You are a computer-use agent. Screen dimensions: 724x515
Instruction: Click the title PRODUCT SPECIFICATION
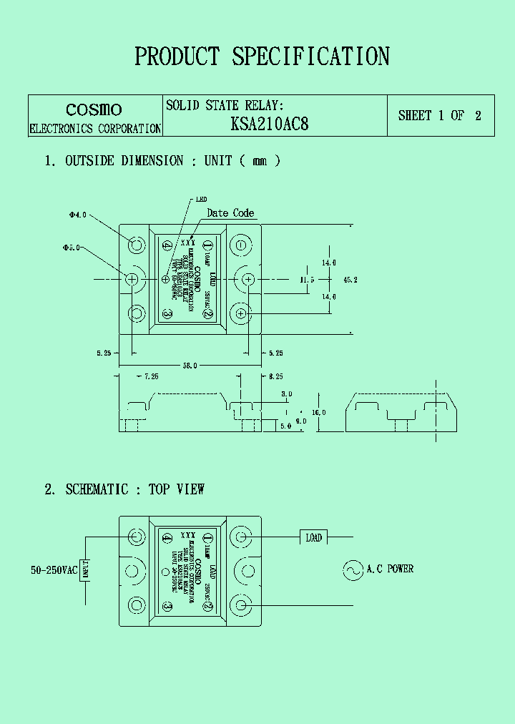click(262, 57)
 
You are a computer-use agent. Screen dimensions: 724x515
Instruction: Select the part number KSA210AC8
click(270, 124)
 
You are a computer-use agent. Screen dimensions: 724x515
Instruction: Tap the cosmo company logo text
click(94, 109)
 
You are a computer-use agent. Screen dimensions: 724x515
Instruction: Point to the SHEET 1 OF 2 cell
click(439, 115)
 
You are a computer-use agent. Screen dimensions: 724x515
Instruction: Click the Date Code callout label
click(230, 213)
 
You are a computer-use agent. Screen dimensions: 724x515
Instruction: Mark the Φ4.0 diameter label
click(77, 214)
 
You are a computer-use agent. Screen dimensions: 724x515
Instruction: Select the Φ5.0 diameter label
click(71, 248)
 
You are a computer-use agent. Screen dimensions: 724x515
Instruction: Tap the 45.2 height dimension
click(350, 280)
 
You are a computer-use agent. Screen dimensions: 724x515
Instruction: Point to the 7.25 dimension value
click(151, 376)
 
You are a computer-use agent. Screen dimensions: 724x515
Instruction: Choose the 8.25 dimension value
click(276, 376)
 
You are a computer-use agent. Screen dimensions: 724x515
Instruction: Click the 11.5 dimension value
click(307, 280)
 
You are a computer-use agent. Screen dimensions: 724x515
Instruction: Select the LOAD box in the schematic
click(313, 537)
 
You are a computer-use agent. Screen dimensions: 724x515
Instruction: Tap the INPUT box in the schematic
click(84, 570)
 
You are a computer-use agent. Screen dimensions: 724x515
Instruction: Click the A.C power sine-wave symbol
click(352, 570)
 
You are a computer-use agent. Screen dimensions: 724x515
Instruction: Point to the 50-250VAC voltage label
click(53, 570)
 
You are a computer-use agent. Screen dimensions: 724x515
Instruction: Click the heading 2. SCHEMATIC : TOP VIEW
click(124, 489)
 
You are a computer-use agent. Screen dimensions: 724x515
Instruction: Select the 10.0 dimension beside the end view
click(318, 412)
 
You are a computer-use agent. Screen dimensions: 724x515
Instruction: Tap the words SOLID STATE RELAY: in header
click(225, 105)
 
